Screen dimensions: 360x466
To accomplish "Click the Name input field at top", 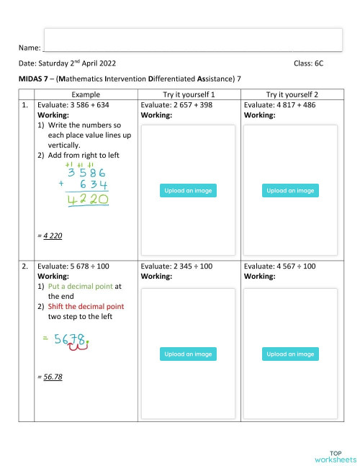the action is click(x=192, y=40).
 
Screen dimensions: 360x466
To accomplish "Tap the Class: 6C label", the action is click(x=308, y=63).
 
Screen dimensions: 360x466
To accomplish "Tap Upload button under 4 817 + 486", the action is click(x=291, y=191).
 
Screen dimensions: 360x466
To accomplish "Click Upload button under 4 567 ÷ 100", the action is click(x=291, y=354).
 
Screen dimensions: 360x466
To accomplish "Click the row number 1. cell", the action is click(x=25, y=105).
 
